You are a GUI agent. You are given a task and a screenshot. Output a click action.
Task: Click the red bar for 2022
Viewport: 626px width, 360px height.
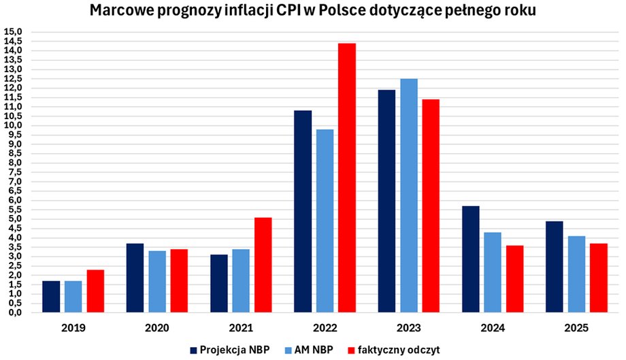pyautogui.click(x=347, y=178)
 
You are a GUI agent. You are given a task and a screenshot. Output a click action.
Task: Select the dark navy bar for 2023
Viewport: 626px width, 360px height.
pyautogui.click(x=386, y=201)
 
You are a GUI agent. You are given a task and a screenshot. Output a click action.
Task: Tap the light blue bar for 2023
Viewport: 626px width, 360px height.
pyautogui.click(x=409, y=196)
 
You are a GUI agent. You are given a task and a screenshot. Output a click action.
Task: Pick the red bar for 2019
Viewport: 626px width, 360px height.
pyautogui.click(x=95, y=291)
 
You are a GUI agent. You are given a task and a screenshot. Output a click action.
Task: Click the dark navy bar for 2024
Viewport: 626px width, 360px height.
pyautogui.click(x=471, y=259)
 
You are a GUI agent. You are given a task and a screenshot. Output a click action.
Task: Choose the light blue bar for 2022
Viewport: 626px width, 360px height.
pyautogui.click(x=325, y=221)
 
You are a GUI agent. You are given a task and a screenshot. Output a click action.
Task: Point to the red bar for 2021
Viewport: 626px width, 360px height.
pyautogui.click(x=263, y=265)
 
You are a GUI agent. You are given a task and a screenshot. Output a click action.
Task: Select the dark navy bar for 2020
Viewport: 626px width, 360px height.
pyautogui.click(x=135, y=278)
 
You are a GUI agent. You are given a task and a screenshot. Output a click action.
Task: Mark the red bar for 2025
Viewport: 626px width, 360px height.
pyautogui.click(x=599, y=278)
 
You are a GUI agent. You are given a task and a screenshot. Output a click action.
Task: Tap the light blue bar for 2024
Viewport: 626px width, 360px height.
pyautogui.click(x=493, y=273)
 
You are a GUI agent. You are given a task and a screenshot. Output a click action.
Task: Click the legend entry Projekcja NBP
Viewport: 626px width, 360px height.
pyautogui.click(x=229, y=350)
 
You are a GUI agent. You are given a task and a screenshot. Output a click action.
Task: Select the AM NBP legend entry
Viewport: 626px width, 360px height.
pyautogui.click(x=310, y=350)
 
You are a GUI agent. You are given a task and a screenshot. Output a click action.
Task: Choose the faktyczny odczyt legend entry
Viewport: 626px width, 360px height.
pyautogui.click(x=393, y=350)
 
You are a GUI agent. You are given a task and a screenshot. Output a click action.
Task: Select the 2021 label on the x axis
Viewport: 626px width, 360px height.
pyautogui.click(x=241, y=327)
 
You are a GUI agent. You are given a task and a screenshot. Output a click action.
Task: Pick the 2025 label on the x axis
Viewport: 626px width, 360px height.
pyautogui.click(x=577, y=327)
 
